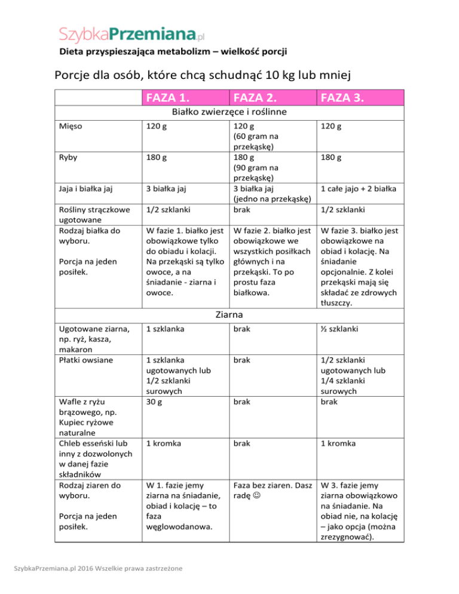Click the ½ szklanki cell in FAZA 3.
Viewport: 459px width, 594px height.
[x=342, y=329]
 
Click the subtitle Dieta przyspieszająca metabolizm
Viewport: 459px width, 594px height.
[x=173, y=51]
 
